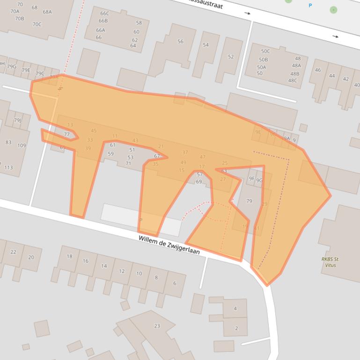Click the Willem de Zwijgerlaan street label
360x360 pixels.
[x=169, y=245]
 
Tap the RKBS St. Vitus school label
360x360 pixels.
[x=331, y=262]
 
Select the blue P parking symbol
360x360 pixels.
[x=310, y=6]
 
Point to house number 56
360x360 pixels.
[x=180, y=42]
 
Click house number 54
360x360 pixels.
[x=206, y=45]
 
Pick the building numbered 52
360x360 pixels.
[x=231, y=57]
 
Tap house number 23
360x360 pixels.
[x=157, y=326]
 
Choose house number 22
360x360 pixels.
[x=13, y=252]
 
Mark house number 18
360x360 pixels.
[x=69, y=256]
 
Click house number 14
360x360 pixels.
[x=104, y=266]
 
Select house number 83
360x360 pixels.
[x=8, y=142]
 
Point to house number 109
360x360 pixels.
[x=22, y=145]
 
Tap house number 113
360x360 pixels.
[x=8, y=167]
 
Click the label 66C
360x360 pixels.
[x=104, y=14]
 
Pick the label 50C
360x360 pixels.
[x=265, y=51]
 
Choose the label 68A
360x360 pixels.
[x=47, y=12]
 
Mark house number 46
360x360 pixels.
[x=318, y=70]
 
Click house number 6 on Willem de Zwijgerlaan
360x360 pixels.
[x=175, y=283]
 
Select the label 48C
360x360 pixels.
[x=293, y=80]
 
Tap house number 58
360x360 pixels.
[x=139, y=22]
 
